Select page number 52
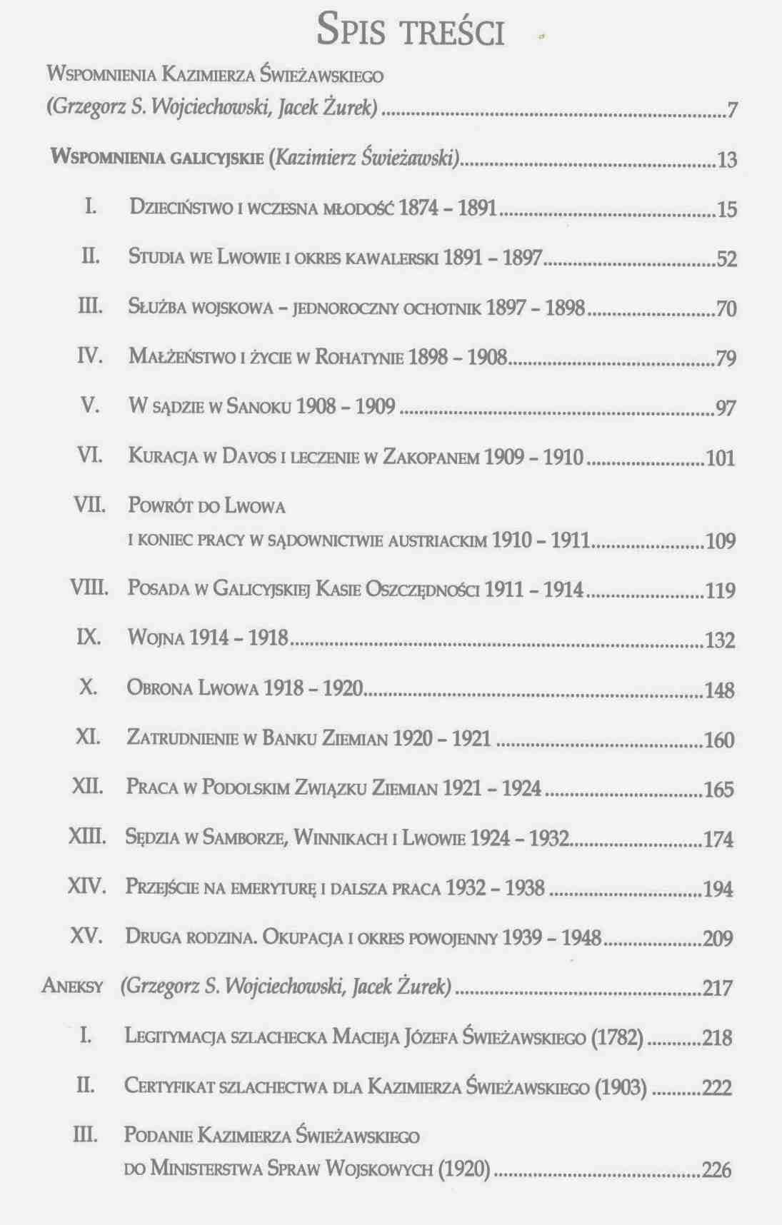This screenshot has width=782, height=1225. pyautogui.click(x=726, y=259)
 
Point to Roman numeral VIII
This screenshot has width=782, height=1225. pyautogui.click(x=89, y=588)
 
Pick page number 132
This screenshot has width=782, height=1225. pyautogui.click(x=720, y=640)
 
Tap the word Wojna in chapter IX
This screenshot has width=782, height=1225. pyautogui.click(x=156, y=637)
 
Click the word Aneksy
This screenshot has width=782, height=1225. pyautogui.click(x=73, y=987)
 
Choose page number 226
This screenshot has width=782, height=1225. pyautogui.click(x=717, y=1170)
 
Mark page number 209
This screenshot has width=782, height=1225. pyautogui.click(x=718, y=938)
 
